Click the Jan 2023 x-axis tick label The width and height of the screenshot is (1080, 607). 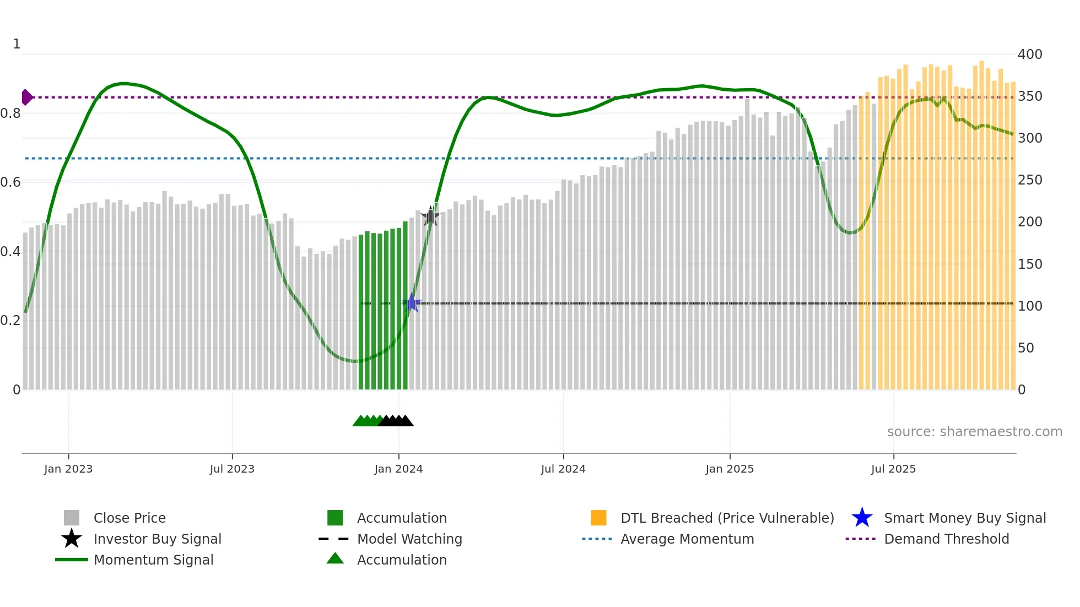click(x=68, y=469)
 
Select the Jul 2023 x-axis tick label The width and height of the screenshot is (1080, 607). click(x=232, y=469)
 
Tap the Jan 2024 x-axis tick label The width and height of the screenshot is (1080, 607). click(x=398, y=469)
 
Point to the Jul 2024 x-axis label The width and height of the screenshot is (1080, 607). click(x=563, y=469)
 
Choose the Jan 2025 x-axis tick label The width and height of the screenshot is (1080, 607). click(x=730, y=469)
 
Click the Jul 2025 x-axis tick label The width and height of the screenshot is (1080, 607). click(x=893, y=469)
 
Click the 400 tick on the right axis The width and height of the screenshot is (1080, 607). click(x=1030, y=55)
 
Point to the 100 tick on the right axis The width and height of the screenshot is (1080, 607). click(x=1030, y=306)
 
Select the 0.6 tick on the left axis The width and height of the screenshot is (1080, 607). click(x=10, y=182)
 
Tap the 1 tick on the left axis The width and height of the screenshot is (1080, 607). click(x=17, y=44)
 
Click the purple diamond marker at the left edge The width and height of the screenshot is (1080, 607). click(x=26, y=97)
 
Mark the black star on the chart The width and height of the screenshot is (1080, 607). click(x=430, y=216)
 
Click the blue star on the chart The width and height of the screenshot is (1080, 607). click(x=412, y=303)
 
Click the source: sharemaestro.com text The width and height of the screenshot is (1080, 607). click(x=974, y=432)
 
